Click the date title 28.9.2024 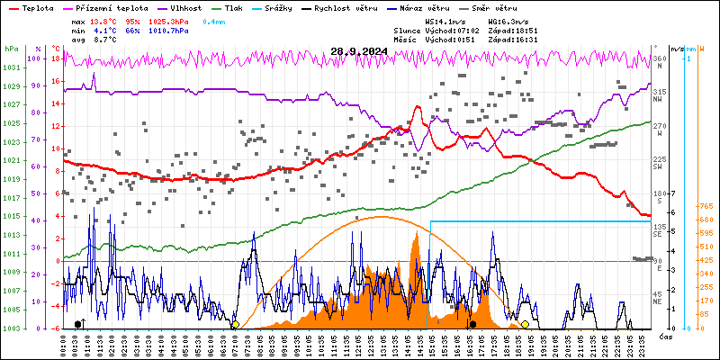(x=359, y=50)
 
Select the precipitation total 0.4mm (x=214, y=21)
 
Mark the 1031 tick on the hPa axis (x=11, y=68)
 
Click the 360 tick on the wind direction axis (x=659, y=58)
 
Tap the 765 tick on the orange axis (x=706, y=207)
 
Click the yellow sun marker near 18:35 (x=525, y=324)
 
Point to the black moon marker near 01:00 (x=78, y=324)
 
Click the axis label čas (x=665, y=336)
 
